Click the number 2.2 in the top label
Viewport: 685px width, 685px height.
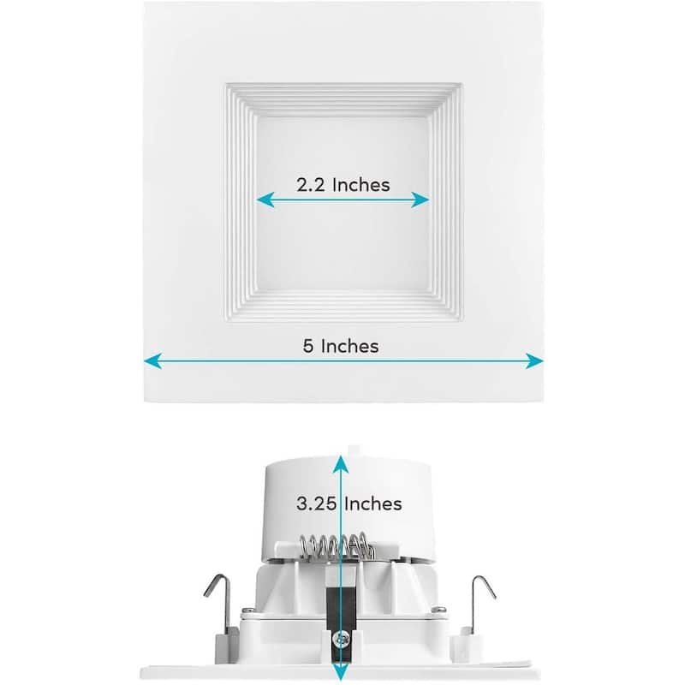312,184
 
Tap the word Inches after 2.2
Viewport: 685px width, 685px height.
360,184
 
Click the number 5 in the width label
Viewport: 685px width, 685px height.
307,346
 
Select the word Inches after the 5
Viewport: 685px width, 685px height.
349,346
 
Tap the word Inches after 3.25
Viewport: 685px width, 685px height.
373,503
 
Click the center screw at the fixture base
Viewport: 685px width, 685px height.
342,638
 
